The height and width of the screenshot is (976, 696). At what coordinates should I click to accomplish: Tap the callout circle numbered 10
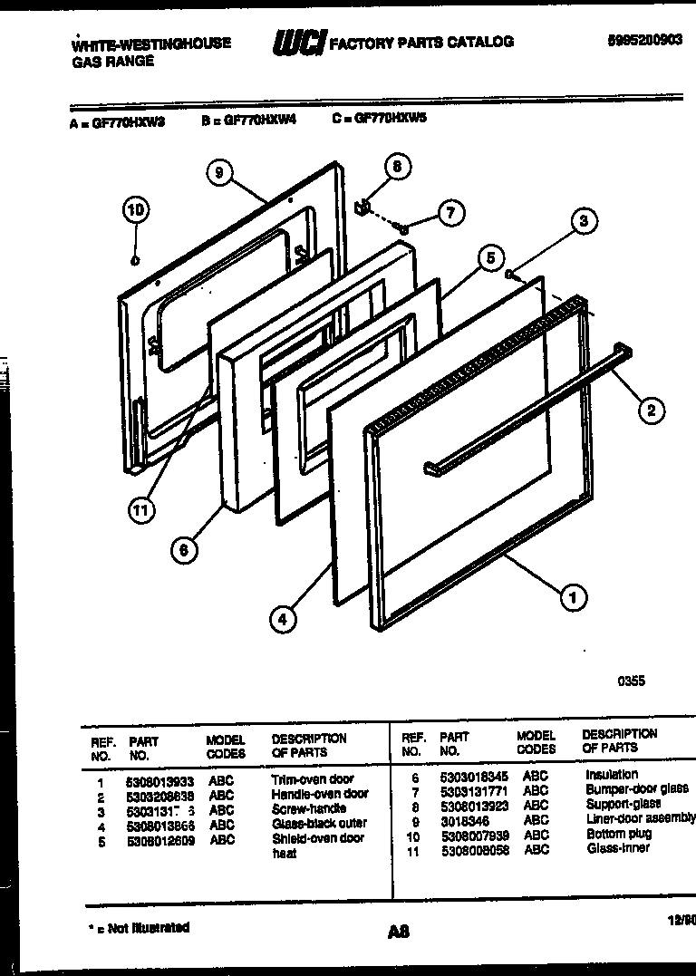tap(135, 211)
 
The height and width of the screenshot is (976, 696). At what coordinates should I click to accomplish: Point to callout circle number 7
tap(450, 213)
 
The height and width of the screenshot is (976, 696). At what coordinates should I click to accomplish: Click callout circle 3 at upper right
tap(584, 220)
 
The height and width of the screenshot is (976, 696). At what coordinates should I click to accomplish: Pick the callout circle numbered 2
tap(650, 411)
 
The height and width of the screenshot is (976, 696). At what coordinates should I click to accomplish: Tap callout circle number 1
tap(572, 597)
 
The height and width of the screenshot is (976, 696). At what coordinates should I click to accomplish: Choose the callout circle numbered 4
tap(283, 620)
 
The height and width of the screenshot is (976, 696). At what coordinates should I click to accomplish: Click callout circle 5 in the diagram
tap(489, 258)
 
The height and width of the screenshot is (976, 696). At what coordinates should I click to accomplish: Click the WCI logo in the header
tap(298, 42)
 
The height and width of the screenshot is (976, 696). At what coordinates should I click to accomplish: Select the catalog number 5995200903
tap(645, 40)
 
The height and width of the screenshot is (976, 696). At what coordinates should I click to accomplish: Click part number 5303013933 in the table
tap(159, 780)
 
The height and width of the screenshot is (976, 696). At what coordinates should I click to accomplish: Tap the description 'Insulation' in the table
tap(612, 775)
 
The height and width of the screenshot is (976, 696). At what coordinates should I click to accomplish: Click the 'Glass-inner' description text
tap(618, 849)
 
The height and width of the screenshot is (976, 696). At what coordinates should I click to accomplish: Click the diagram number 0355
tap(631, 681)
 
